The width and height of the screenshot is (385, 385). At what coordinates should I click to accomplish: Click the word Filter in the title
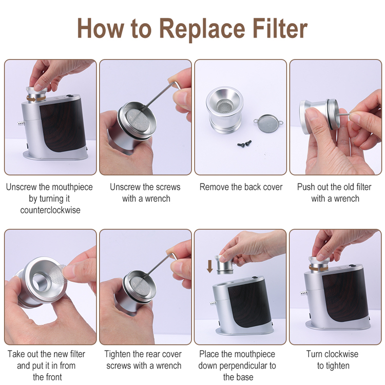(x=280, y=28)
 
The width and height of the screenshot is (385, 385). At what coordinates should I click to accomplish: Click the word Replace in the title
(x=202, y=29)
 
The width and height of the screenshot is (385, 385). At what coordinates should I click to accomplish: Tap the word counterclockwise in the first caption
(x=50, y=210)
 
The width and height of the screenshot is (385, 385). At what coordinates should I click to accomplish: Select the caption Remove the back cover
(x=241, y=187)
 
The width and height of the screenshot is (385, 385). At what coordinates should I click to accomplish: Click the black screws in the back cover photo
(x=245, y=143)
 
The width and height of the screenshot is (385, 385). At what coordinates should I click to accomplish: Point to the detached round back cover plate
(x=268, y=122)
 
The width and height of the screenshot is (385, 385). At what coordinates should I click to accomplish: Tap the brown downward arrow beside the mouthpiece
(x=209, y=266)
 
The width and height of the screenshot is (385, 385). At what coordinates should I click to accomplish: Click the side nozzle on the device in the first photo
(x=21, y=122)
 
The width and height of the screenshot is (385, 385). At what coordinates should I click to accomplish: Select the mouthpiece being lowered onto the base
(x=224, y=265)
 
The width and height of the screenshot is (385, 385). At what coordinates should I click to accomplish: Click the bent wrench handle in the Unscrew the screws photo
(x=175, y=85)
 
